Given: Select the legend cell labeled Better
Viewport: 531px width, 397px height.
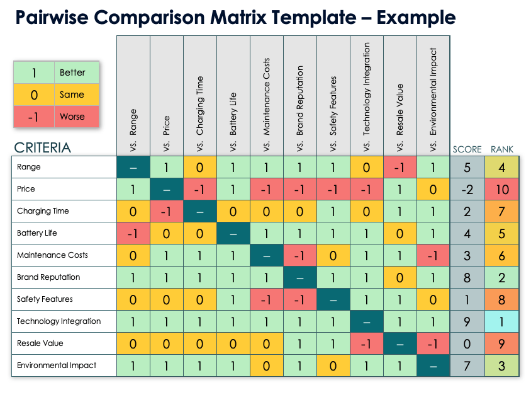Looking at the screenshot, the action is (77, 72).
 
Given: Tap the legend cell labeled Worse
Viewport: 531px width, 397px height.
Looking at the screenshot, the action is (77, 117).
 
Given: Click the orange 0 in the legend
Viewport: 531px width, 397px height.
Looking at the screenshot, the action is (34, 95).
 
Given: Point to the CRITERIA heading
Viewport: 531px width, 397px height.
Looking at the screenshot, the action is (42, 147).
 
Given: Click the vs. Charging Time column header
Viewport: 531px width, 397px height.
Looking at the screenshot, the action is (200, 96).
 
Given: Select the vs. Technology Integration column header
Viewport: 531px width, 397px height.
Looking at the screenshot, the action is (367, 96).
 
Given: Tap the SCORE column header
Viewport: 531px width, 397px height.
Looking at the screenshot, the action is (467, 149).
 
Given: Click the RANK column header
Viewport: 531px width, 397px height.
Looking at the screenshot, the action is (502, 149).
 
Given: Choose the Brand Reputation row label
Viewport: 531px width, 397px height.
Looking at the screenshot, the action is (48, 277).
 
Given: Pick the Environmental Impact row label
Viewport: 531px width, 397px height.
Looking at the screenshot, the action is (57, 365).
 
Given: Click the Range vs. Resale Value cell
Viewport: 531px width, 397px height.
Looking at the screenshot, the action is (400, 167).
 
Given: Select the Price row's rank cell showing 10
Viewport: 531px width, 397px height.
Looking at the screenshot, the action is (502, 189).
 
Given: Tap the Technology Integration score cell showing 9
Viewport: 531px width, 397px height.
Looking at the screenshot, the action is (467, 321).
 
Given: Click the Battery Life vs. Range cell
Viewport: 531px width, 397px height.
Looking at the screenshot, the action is (133, 233).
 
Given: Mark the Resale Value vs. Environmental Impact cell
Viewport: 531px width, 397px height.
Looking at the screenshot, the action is (433, 343).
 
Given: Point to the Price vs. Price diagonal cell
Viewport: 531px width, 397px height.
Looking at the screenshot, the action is (167, 189).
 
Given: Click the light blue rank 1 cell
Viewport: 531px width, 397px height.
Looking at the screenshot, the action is (502, 321).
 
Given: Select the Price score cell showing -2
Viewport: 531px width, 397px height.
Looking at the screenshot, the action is (467, 189).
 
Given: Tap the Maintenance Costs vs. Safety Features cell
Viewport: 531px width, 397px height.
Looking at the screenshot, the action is (333, 255).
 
